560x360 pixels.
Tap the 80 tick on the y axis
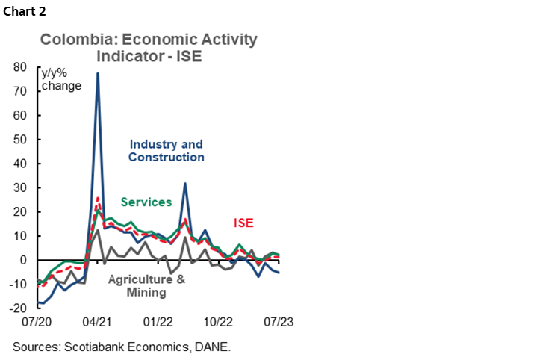[x=22, y=67]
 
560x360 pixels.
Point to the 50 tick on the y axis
[x=22, y=140]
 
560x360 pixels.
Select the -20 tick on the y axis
[x=19, y=308]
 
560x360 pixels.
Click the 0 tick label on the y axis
[x=25, y=260]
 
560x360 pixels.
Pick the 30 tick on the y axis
[x=22, y=187]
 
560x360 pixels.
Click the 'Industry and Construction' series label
[x=166, y=151]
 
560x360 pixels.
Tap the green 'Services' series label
[x=146, y=202]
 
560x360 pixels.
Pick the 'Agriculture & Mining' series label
[x=146, y=286]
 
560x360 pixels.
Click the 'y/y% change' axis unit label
[x=61, y=79]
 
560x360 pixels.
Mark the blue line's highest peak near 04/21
[x=98, y=73]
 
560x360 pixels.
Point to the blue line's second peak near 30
[x=185, y=184]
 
